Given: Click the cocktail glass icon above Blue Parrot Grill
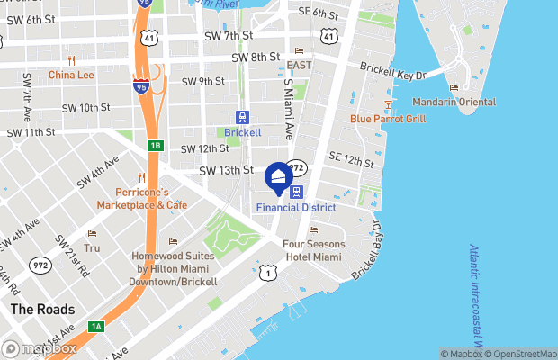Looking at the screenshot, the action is (389, 104).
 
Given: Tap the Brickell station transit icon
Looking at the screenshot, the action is (242, 117).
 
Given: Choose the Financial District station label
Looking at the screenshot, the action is (295, 207).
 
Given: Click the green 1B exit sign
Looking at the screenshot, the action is (155, 146).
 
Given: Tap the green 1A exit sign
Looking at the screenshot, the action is (95, 326).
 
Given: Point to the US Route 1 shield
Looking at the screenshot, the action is (265, 272).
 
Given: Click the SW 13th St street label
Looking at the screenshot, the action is (225, 170).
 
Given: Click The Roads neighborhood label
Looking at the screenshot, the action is (35, 309).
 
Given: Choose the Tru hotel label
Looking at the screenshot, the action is (91, 247).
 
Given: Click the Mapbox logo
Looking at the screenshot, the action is (40, 348).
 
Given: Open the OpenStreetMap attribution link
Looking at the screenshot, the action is (521, 354).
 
